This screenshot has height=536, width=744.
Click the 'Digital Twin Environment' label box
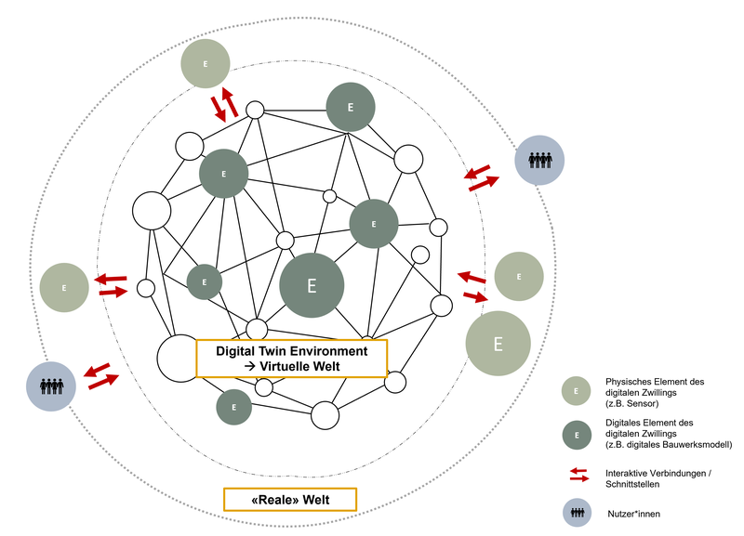point(291,359)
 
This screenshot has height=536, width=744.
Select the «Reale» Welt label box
point(290,500)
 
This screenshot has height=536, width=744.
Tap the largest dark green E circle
point(312,285)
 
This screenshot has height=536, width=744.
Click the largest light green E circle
point(498,344)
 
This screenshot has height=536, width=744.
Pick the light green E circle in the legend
point(577,392)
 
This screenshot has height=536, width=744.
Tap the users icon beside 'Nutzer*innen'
point(577,514)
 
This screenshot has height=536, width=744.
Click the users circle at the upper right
point(539,160)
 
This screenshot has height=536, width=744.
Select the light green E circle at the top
point(206,64)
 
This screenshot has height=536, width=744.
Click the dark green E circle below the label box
point(234,407)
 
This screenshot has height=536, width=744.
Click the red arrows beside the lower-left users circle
point(102,376)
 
